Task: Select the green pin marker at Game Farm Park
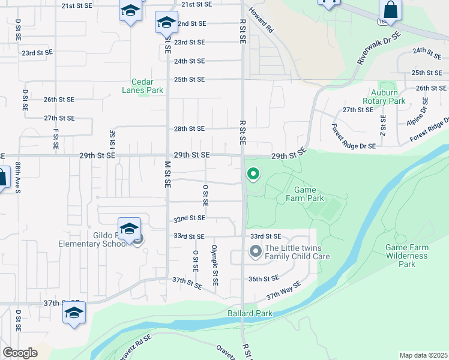point(253,175)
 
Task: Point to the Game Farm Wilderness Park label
point(407,256)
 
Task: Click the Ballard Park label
point(250,313)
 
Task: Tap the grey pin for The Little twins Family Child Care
point(255,251)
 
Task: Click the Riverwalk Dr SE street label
point(378,49)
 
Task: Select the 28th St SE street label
point(189,128)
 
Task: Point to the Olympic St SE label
point(214,265)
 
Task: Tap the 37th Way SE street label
point(283,292)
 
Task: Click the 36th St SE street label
point(264,278)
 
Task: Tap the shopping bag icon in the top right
point(390,11)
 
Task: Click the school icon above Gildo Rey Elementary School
point(129,229)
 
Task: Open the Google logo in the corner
point(20,353)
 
